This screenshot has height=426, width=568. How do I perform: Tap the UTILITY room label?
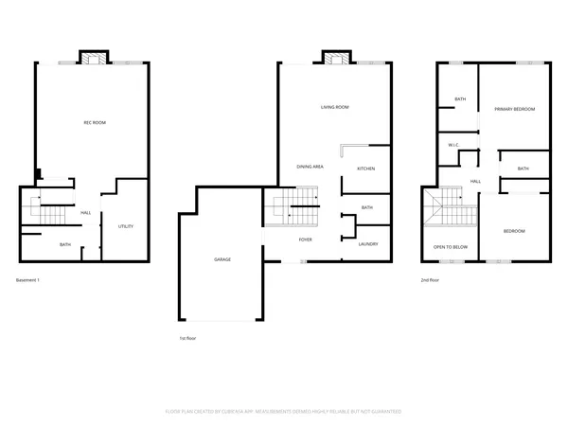[125, 226]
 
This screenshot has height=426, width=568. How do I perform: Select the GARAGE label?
[222, 258]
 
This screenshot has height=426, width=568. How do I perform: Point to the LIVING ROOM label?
[334, 108]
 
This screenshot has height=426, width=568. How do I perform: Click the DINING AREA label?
[311, 167]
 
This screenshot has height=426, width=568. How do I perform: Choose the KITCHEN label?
[366, 169]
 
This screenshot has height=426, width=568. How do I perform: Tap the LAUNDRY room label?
[367, 245]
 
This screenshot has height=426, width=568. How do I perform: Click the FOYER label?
[306, 240]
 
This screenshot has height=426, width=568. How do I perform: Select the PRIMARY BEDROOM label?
[514, 110]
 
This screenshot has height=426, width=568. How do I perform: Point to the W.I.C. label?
[454, 145]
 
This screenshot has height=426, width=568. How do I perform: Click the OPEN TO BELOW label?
[451, 247]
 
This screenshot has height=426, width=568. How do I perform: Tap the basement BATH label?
[65, 245]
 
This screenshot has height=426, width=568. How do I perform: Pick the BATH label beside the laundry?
[367, 207]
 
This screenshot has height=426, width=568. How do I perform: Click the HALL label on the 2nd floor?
[476, 181]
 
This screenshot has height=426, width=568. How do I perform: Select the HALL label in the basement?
[85, 213]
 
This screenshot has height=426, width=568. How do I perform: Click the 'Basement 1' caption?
[28, 280]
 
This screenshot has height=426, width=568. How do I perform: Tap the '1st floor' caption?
[188, 337]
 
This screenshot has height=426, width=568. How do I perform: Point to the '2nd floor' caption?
[431, 280]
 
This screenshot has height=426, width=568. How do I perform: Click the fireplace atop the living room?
[333, 59]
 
